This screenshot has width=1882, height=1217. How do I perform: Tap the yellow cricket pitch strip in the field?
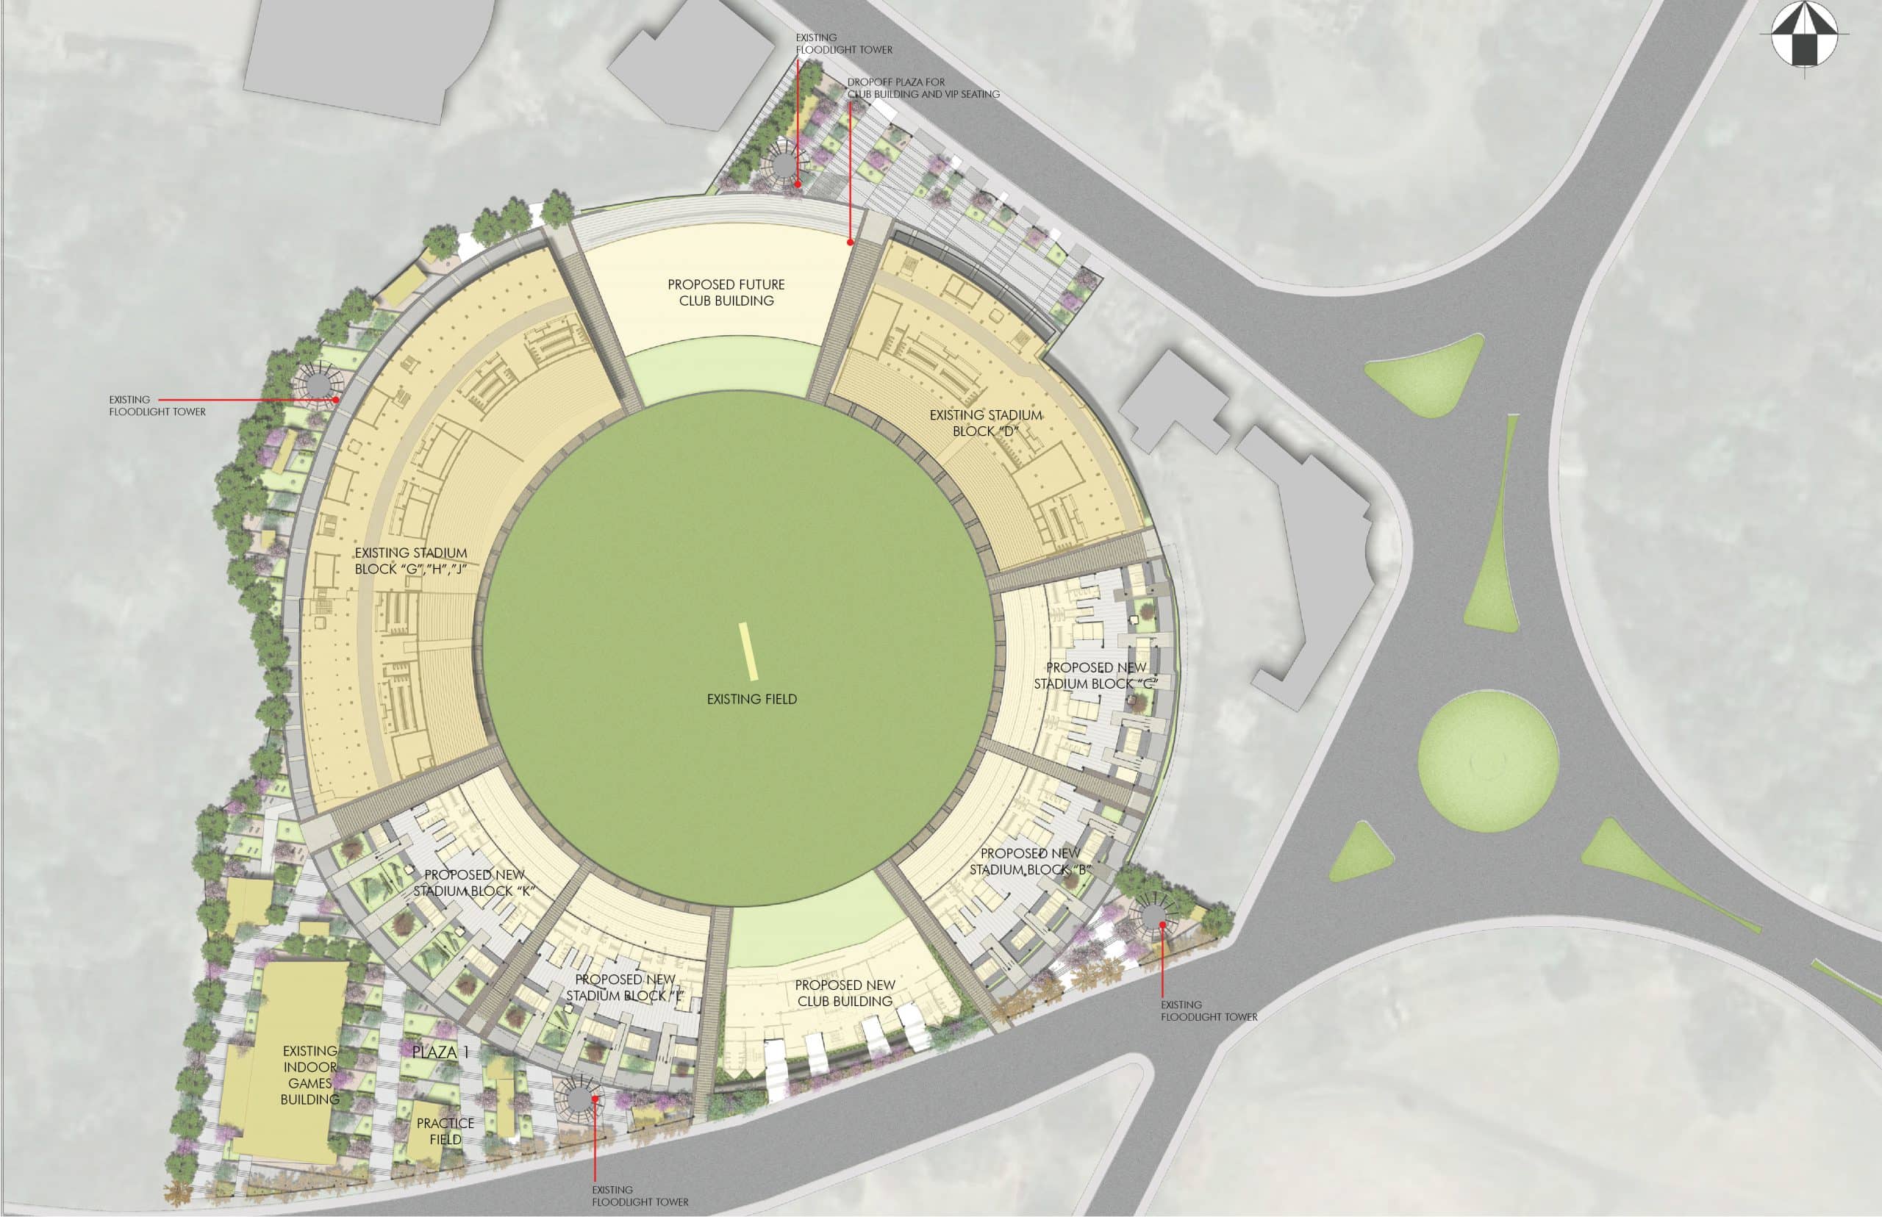pyautogui.click(x=748, y=651)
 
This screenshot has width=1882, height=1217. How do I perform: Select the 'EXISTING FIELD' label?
pyautogui.click(x=751, y=700)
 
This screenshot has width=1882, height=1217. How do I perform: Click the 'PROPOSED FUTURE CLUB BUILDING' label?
pyautogui.click(x=726, y=292)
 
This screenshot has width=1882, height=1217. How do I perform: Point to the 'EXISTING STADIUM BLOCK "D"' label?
pyautogui.click(x=986, y=423)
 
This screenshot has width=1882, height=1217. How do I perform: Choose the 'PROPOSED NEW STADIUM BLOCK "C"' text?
pyautogui.click(x=1095, y=675)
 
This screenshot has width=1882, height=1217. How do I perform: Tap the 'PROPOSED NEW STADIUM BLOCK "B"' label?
pyautogui.click(x=1030, y=861)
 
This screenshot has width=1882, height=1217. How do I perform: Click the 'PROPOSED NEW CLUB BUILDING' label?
pyautogui.click(x=844, y=993)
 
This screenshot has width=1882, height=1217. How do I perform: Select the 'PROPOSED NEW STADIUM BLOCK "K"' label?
pyautogui.click(x=474, y=883)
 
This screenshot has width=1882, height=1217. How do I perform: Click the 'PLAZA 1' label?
pyautogui.click(x=440, y=1052)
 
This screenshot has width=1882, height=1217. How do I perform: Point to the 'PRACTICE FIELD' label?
pyautogui.click(x=445, y=1131)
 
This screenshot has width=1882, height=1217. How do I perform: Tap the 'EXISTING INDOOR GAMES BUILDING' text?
pyautogui.click(x=310, y=1074)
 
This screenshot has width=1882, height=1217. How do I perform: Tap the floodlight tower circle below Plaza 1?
pyautogui.click(x=579, y=1098)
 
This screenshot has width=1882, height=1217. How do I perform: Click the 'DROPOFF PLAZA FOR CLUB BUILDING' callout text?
pyautogui.click(x=923, y=87)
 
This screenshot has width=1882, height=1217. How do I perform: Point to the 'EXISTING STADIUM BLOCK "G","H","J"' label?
pyautogui.click(x=410, y=560)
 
